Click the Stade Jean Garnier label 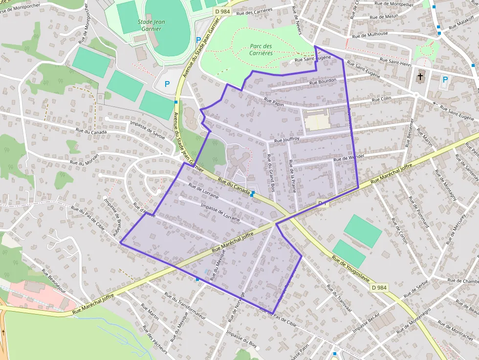coord(150,25)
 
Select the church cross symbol coord(420,77)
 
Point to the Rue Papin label coord(274,101)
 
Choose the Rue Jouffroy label coord(286,140)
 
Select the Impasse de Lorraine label coord(220,212)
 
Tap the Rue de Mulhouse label coord(370,35)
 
